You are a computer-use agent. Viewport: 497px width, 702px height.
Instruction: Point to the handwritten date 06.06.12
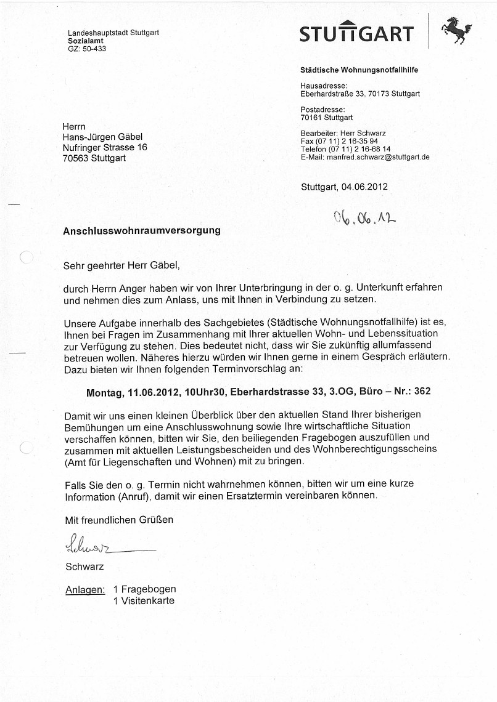(x=364, y=217)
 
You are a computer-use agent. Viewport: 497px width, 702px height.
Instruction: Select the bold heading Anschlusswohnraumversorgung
(x=142, y=231)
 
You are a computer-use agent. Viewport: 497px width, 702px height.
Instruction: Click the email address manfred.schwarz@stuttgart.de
(x=377, y=157)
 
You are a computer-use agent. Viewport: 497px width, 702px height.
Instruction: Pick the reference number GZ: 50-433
(x=87, y=49)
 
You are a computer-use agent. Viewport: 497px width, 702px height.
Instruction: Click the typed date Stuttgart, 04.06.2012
(x=345, y=187)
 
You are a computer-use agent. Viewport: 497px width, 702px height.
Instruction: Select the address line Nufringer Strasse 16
(x=105, y=148)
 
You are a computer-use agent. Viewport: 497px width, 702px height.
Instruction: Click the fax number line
(x=339, y=141)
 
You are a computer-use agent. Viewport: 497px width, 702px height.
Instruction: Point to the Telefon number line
(x=345, y=149)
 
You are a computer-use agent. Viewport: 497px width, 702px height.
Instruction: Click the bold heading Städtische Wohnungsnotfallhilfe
(x=359, y=70)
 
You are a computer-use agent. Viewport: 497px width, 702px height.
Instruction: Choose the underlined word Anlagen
(x=84, y=590)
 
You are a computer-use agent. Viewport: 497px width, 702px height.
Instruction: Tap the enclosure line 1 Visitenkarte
(x=144, y=600)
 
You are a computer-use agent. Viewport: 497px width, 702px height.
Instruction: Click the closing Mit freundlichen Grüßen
(x=119, y=520)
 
